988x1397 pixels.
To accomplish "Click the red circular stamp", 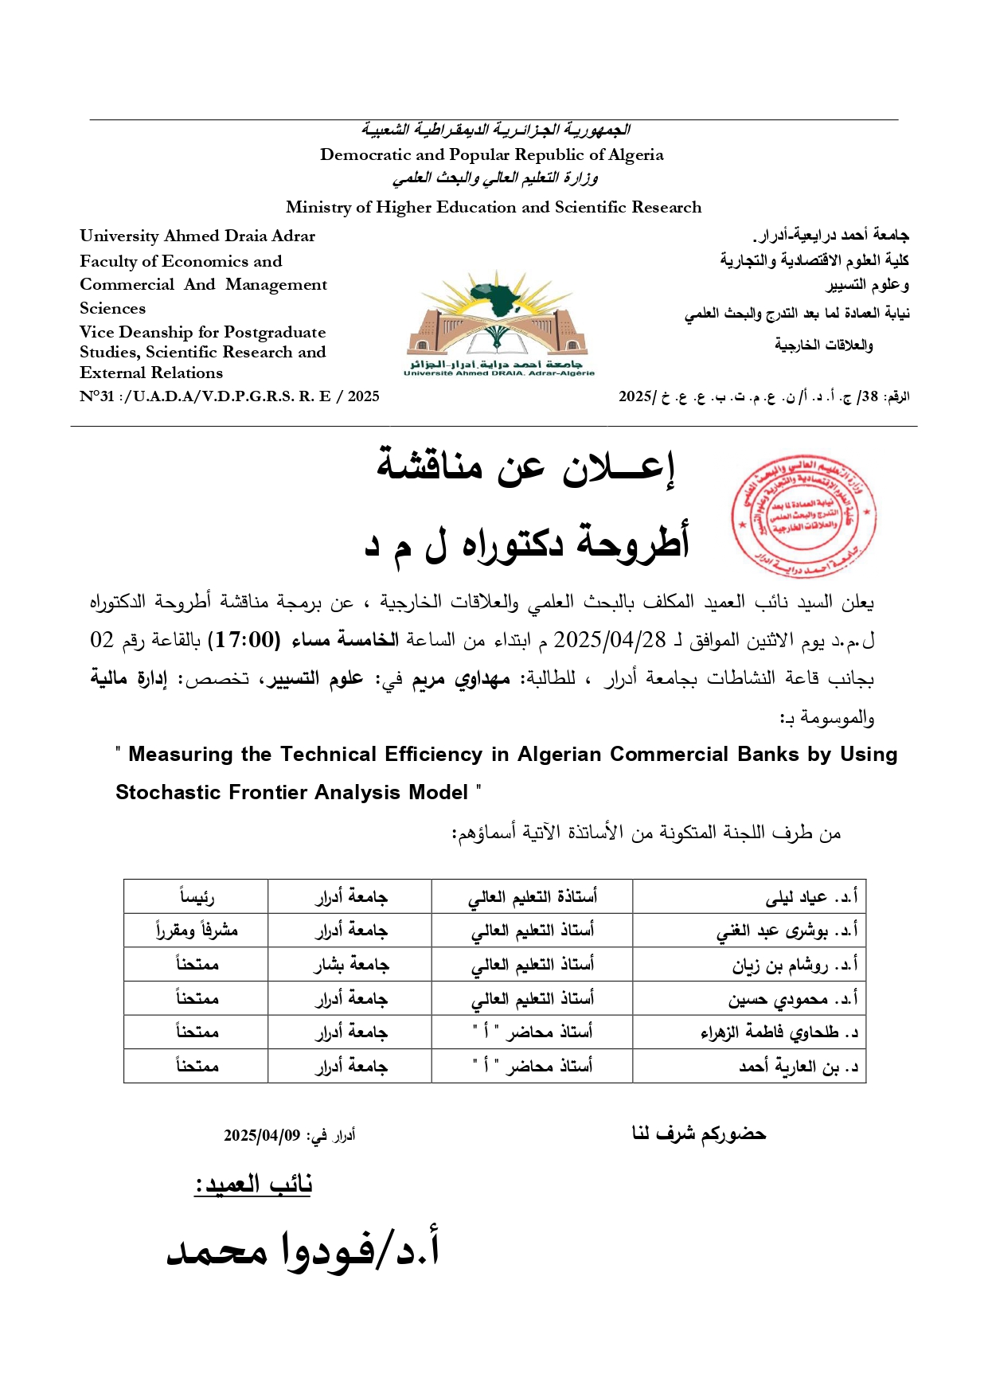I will tap(803, 517).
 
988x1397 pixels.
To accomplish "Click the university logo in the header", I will tap(499, 323).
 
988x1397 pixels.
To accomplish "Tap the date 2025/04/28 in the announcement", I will tap(609, 640).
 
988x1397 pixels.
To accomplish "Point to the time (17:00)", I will tap(244, 640).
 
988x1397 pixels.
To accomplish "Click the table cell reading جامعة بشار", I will tap(350, 965).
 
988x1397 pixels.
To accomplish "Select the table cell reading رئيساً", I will tap(197, 897).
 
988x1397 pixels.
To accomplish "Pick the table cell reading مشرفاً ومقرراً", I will tap(197, 931).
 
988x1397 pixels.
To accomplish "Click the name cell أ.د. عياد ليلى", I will tap(811, 897).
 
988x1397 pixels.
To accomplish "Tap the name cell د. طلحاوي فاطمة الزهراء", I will tap(779, 1032).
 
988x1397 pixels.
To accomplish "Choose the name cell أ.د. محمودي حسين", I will tap(793, 998).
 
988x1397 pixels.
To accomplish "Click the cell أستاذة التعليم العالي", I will tap(532, 897).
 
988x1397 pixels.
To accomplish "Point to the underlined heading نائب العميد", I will tap(253, 1184).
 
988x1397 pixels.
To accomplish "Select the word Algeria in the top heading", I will tap(635, 155).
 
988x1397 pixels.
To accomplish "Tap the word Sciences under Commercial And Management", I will tap(112, 309).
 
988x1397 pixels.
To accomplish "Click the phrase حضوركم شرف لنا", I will tap(698, 1134).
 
